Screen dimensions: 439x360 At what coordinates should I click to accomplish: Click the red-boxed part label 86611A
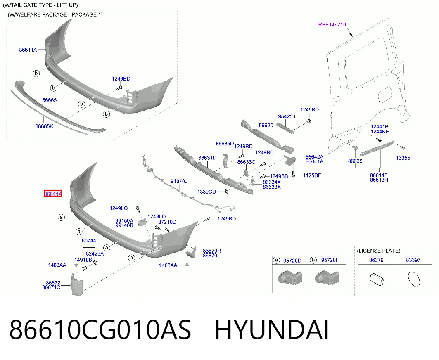click(x=52, y=194)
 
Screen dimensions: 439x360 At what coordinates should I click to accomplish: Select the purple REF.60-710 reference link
click(x=332, y=25)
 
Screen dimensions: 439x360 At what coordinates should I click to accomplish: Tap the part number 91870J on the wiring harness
click(x=179, y=181)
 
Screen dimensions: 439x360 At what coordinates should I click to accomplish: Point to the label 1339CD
click(x=206, y=192)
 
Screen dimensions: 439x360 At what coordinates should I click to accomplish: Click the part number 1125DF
click(x=312, y=175)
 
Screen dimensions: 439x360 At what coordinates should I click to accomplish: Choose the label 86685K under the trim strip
click(x=44, y=126)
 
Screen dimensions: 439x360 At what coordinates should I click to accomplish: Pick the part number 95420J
click(x=287, y=117)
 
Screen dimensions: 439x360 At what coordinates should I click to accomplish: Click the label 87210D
click(x=167, y=222)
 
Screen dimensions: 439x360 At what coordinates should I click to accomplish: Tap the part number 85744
click(x=89, y=240)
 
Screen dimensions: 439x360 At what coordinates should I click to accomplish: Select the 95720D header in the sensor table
click(x=292, y=261)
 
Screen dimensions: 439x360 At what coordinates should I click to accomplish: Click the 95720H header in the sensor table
click(x=330, y=260)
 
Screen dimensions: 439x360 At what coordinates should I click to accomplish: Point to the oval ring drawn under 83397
click(x=414, y=279)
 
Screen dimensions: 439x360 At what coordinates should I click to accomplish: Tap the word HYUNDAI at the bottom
click(x=272, y=330)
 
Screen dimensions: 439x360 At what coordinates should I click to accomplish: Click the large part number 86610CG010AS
click(x=100, y=330)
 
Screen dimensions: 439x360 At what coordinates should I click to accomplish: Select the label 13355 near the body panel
click(x=403, y=158)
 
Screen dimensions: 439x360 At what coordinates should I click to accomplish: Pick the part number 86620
click(x=266, y=126)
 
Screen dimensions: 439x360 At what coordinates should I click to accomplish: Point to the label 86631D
click(x=207, y=158)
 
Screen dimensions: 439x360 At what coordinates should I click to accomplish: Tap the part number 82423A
click(x=95, y=253)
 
